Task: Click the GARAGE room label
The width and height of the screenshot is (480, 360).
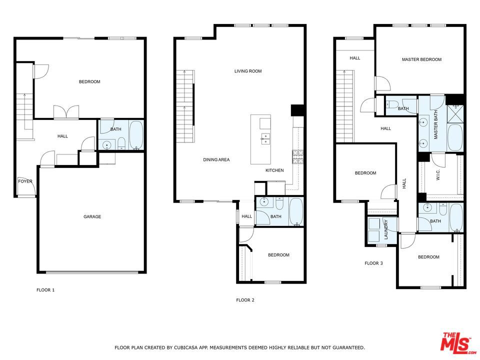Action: [x=92, y=216]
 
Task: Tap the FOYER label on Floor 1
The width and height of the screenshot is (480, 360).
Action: [x=25, y=181]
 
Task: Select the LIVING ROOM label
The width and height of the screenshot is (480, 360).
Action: [x=248, y=71]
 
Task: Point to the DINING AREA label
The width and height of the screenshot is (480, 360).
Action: [x=216, y=159]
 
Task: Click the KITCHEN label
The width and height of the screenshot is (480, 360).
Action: [x=274, y=170]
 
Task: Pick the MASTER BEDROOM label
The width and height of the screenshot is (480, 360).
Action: [x=421, y=59]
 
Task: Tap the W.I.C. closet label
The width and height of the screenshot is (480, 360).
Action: [x=438, y=175]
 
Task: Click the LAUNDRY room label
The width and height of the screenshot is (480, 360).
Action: [x=386, y=229]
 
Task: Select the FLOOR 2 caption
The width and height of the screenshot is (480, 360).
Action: [x=245, y=300]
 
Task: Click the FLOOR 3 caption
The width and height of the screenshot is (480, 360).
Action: [x=374, y=263]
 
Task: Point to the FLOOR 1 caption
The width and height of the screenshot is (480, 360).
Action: [x=45, y=290]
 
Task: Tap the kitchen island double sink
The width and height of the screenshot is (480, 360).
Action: [x=265, y=138]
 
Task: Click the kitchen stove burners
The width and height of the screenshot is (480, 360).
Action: [x=297, y=157]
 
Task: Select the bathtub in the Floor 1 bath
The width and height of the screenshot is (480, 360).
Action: [x=136, y=135]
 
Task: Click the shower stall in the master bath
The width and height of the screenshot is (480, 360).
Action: [x=455, y=113]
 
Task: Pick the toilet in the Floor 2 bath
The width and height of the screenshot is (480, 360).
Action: [x=279, y=203]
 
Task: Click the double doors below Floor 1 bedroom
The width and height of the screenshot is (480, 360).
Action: [x=66, y=112]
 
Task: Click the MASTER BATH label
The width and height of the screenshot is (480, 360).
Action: [x=435, y=124]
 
